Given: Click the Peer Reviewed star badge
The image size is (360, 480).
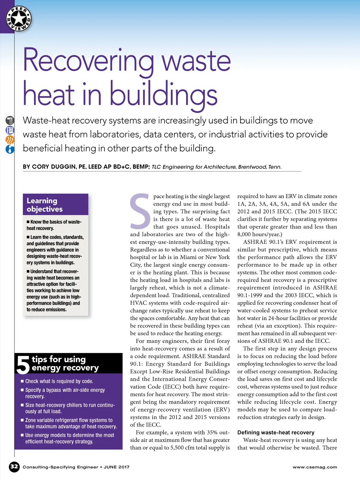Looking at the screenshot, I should point(19,19).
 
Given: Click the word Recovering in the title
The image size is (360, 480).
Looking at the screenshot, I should point(88,60).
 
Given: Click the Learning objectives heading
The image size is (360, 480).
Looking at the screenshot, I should point(45,205).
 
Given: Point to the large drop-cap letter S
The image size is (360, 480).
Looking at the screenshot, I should point(140,211).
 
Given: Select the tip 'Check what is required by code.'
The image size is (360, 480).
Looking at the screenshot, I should point(59,381).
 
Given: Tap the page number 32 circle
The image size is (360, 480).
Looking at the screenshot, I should point(14,467).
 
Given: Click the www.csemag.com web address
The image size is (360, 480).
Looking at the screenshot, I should point(315,467).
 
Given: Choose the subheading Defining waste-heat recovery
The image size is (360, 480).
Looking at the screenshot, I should point(276,433).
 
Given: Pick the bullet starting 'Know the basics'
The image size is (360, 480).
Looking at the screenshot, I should point(54,225).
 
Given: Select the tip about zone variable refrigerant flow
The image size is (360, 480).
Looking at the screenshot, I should point(70,423).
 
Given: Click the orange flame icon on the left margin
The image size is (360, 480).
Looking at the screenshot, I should point(10,140).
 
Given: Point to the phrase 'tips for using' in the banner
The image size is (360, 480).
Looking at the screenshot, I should point(59,359).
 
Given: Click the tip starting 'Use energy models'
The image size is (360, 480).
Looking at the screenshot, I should point(70,438).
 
